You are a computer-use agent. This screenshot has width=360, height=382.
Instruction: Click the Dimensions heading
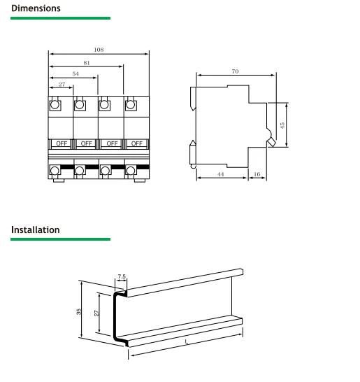click(36, 8)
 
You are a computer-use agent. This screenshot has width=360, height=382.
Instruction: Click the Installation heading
click(36, 229)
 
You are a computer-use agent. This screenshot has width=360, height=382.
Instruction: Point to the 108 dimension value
click(99, 49)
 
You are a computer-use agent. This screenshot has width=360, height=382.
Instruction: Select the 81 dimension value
click(86, 62)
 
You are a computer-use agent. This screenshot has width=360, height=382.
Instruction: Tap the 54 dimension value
click(75, 73)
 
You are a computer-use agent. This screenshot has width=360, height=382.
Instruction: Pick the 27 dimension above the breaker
click(61, 84)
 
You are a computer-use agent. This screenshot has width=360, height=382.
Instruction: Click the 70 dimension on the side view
click(235, 72)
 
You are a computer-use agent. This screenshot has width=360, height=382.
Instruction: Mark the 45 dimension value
click(282, 125)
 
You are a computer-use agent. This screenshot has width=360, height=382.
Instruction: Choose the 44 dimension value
click(220, 174)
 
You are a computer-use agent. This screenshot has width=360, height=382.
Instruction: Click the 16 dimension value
click(257, 174)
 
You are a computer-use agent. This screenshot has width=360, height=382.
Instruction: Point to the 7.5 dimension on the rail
click(122, 277)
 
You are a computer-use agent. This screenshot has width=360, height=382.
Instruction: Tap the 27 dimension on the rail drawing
click(97, 313)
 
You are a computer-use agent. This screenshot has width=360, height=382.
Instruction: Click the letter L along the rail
click(186, 342)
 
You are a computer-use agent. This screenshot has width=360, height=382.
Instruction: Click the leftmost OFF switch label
click(62, 143)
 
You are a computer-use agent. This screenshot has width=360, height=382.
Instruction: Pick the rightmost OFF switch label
click(137, 143)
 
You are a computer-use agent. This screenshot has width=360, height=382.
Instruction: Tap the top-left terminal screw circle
click(55, 106)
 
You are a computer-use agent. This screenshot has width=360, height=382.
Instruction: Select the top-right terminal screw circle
click(131, 106)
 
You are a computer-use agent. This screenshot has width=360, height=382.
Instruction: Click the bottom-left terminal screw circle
click(55, 170)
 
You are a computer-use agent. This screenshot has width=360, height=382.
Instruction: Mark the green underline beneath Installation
click(60, 239)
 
